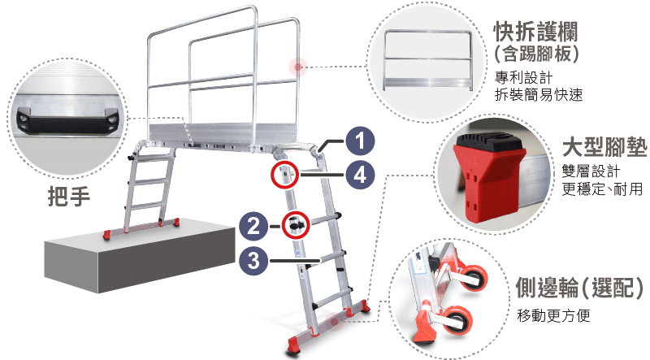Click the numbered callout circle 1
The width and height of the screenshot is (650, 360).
(x=360, y=141)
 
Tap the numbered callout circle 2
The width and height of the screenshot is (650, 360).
(x=253, y=226)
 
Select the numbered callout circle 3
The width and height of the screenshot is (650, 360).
(x=253, y=261)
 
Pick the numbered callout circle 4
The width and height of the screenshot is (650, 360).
(x=360, y=175)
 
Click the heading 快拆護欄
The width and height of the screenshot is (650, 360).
(x=535, y=32)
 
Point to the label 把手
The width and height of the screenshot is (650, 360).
(x=69, y=196)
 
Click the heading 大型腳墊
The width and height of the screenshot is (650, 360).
(x=604, y=146)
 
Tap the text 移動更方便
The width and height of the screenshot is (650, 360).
(x=553, y=315)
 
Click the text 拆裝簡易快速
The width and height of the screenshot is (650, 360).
(x=539, y=95)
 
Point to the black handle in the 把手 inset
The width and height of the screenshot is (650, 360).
(x=67, y=120)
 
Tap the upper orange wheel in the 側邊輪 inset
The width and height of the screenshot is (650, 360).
(x=474, y=277)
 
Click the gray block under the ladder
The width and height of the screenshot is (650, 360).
(x=140, y=257)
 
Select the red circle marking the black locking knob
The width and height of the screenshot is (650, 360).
(x=296, y=224)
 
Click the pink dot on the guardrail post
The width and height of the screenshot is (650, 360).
(x=297, y=67)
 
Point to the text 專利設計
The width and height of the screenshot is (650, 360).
(x=523, y=77)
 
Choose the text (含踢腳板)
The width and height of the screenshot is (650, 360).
(x=536, y=54)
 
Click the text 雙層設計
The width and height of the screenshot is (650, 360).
(x=591, y=171)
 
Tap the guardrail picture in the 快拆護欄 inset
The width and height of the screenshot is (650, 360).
(x=428, y=59)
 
